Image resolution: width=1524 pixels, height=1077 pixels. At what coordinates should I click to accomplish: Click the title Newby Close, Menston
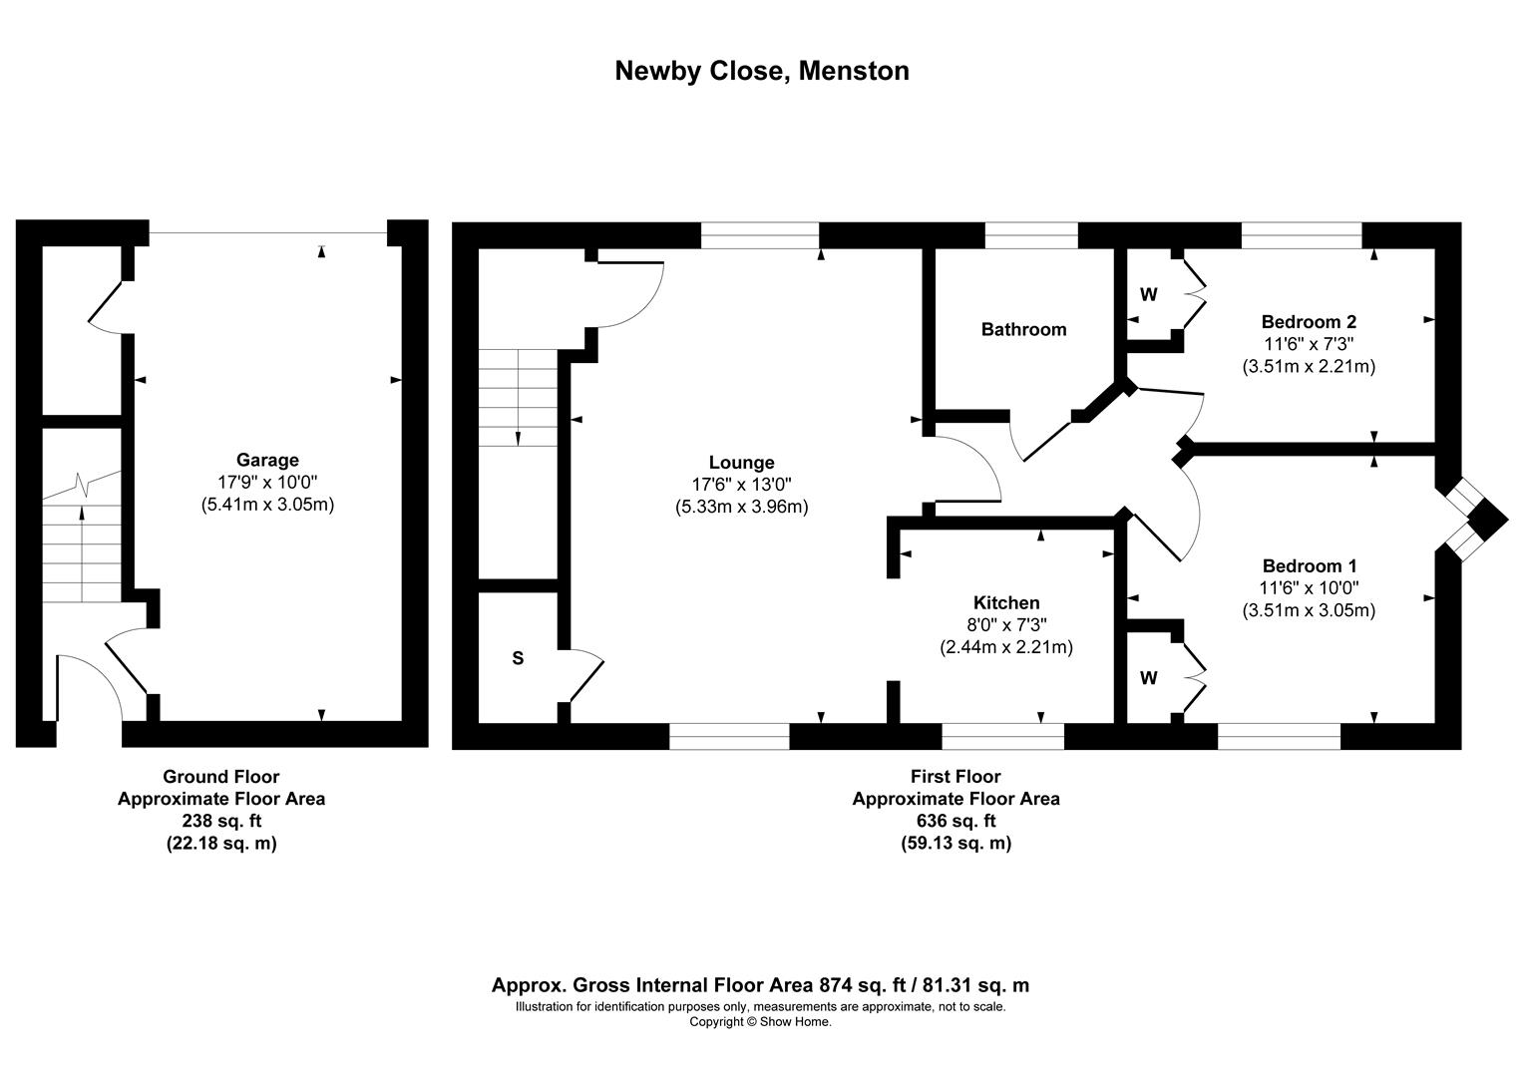(x=761, y=71)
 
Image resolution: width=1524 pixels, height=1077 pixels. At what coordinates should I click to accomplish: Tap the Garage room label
(x=267, y=460)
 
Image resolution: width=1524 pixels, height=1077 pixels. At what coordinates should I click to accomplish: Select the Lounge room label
(x=741, y=462)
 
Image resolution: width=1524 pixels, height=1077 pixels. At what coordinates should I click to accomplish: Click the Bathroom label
(x=1023, y=329)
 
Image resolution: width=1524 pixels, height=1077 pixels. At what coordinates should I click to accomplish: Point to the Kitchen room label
(x=1005, y=602)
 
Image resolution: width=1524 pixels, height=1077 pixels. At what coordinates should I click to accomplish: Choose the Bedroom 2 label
(x=1308, y=321)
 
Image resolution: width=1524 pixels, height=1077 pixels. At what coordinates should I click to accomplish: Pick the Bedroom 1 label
(x=1308, y=565)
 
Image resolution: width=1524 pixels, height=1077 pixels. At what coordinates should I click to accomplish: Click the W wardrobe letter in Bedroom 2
(x=1149, y=294)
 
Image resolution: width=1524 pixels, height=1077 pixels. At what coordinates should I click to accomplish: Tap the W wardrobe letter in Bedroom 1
(x=1149, y=678)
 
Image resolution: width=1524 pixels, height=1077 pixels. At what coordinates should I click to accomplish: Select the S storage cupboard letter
(x=518, y=658)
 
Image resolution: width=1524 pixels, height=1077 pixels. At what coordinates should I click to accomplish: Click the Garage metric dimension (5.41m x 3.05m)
(x=267, y=505)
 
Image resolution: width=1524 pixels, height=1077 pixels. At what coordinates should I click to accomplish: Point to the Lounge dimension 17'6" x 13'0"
(x=741, y=485)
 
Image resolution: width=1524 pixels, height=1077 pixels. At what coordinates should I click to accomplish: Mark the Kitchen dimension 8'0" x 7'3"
(x=1005, y=625)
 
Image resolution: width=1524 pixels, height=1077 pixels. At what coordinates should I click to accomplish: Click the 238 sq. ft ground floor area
(x=221, y=821)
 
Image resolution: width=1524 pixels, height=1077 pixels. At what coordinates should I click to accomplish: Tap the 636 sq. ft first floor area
(x=954, y=821)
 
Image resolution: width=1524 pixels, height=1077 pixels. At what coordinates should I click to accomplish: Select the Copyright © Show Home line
(x=760, y=1021)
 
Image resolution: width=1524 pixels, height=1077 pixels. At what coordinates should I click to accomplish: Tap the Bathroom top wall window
(x=1031, y=235)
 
